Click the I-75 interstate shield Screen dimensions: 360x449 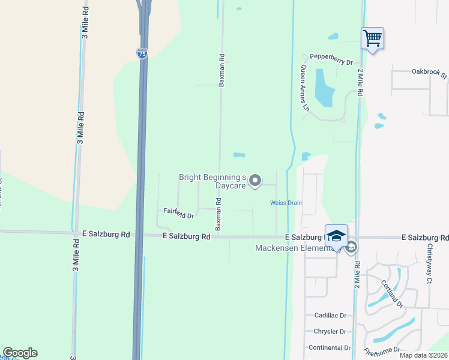142,53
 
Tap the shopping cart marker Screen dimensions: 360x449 372,38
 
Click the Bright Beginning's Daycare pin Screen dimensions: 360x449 255,181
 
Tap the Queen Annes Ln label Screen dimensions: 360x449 304,89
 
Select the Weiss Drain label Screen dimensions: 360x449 286,203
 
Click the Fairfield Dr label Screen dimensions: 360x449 179,213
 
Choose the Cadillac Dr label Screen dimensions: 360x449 331,315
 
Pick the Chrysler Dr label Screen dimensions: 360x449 330,331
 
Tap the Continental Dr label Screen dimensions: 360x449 329,347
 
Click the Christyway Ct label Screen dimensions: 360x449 429,265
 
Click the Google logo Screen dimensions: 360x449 20,353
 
